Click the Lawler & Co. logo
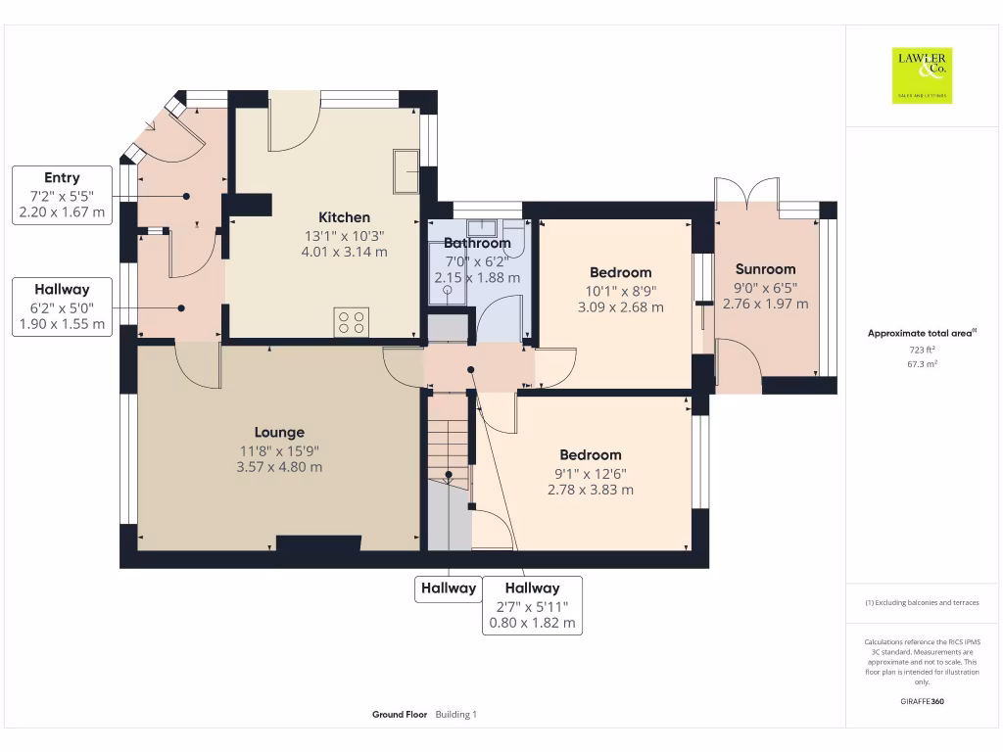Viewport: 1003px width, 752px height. (x=922, y=75)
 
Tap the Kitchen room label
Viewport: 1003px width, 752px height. (x=345, y=217)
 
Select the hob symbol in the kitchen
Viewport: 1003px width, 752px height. (x=353, y=321)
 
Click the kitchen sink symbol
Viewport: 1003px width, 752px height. (x=406, y=172)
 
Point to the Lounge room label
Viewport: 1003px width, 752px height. (x=279, y=432)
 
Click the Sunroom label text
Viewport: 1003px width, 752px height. (x=765, y=269)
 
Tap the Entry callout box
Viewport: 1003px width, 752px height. (x=62, y=195)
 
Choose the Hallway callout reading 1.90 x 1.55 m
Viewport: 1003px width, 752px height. (x=62, y=306)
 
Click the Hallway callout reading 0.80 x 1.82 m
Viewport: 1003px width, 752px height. (x=532, y=605)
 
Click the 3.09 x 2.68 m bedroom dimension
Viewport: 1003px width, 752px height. (x=621, y=306)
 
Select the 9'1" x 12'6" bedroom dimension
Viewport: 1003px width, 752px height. (x=591, y=473)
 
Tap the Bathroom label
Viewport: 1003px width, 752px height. (x=477, y=243)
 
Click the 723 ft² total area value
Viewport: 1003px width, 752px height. (x=922, y=349)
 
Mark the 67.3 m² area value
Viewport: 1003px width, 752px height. (x=922, y=363)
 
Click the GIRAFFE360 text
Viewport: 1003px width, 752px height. (x=922, y=701)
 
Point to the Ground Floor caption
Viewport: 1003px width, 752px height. (x=400, y=715)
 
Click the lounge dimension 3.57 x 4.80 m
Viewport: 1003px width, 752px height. (x=279, y=467)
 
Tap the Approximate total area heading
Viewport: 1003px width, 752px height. (x=921, y=334)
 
